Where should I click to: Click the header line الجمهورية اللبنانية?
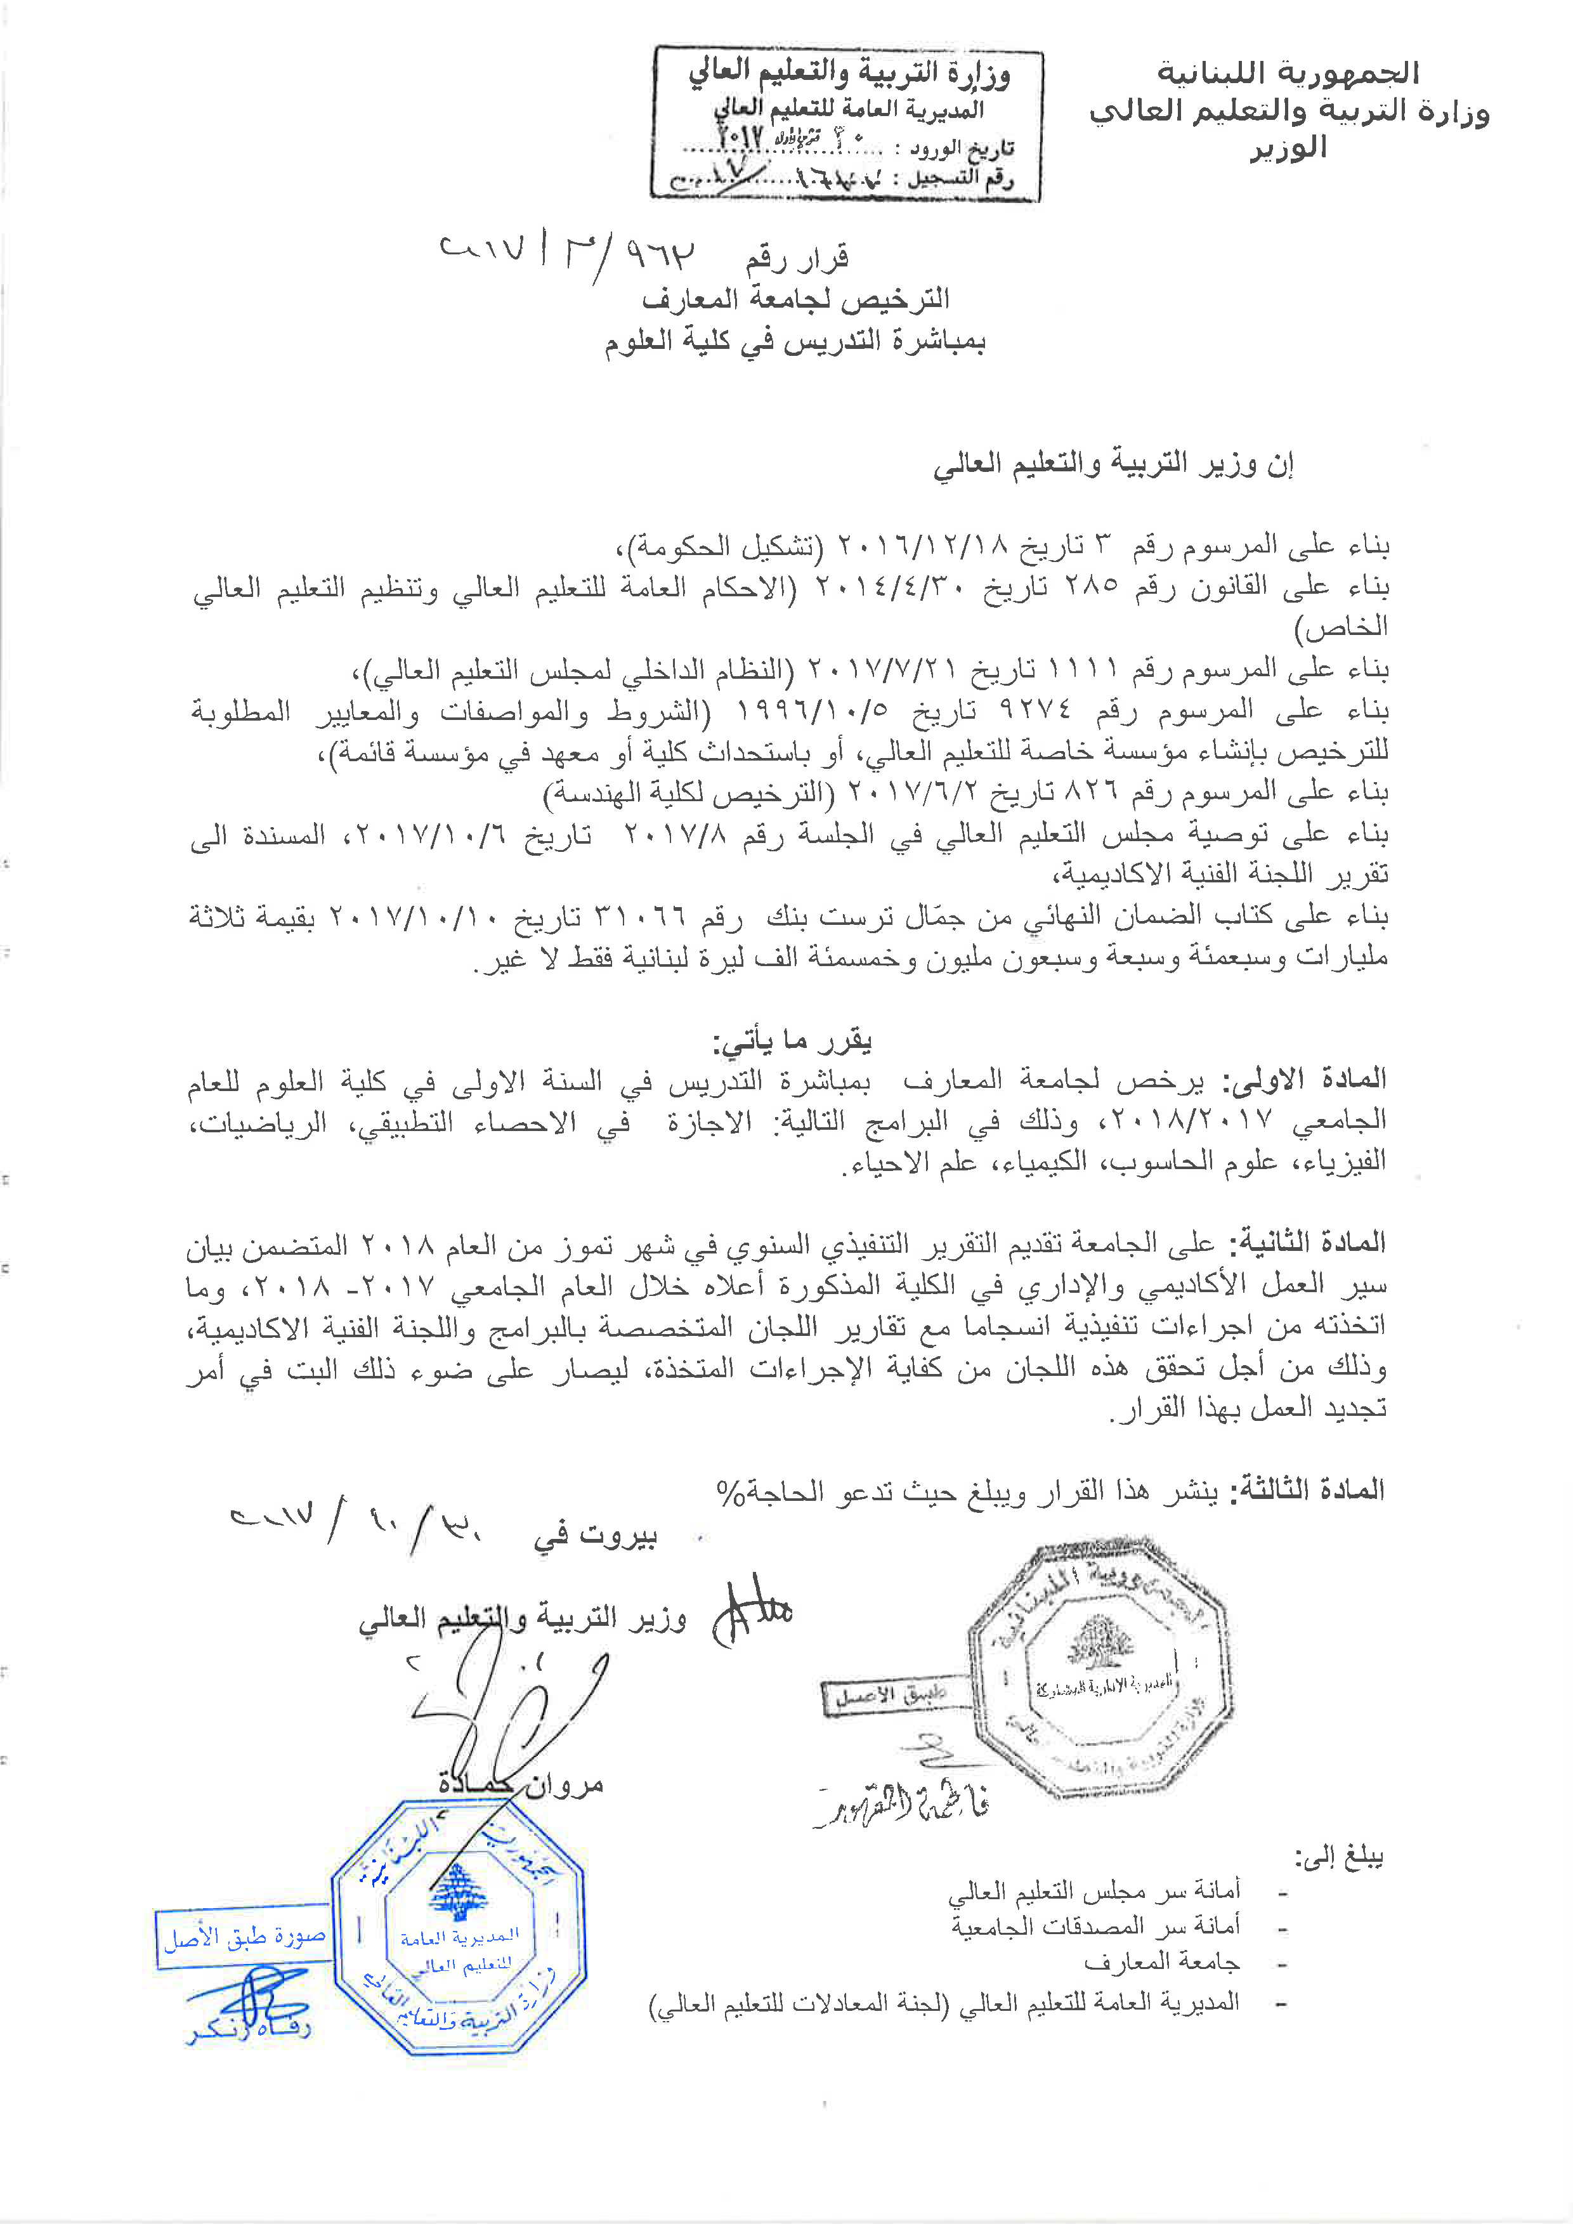(1288, 73)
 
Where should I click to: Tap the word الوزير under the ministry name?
(1288, 148)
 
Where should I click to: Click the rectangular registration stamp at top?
(847, 123)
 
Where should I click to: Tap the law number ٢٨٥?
(1091, 586)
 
